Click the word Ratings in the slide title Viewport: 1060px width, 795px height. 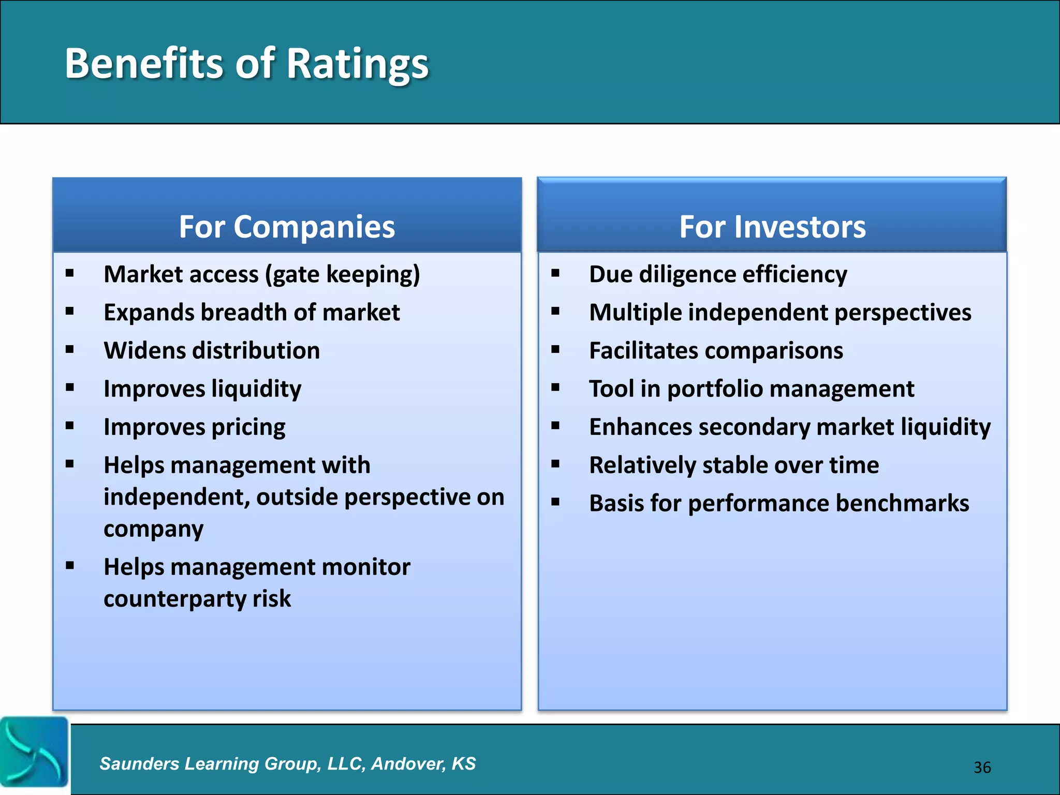click(x=357, y=64)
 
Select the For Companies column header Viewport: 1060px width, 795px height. click(x=287, y=227)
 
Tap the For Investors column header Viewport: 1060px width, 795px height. click(x=772, y=227)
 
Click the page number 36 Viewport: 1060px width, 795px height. click(x=982, y=767)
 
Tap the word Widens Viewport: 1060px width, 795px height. click(x=144, y=350)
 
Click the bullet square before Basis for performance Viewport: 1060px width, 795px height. click(x=555, y=502)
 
